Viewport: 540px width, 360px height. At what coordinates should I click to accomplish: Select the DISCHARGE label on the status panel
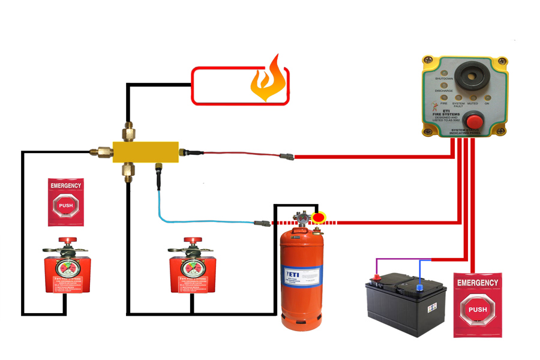click(x=443, y=91)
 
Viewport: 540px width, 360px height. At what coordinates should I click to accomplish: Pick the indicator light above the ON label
click(x=487, y=97)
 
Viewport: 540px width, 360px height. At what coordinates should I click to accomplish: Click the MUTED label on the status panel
click(x=473, y=103)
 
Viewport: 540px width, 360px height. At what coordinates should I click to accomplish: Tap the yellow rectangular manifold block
click(x=147, y=152)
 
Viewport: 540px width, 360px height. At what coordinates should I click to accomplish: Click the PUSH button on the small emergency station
click(x=65, y=205)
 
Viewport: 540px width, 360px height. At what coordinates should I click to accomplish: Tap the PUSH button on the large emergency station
click(x=478, y=310)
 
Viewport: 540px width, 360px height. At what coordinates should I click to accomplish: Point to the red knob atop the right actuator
click(x=193, y=241)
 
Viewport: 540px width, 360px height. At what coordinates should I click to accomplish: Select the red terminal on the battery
click(x=377, y=278)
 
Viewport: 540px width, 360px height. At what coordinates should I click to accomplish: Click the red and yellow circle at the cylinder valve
click(x=318, y=217)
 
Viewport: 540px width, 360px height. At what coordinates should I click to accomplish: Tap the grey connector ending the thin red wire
click(x=286, y=157)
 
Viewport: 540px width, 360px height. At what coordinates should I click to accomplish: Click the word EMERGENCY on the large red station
click(x=478, y=282)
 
